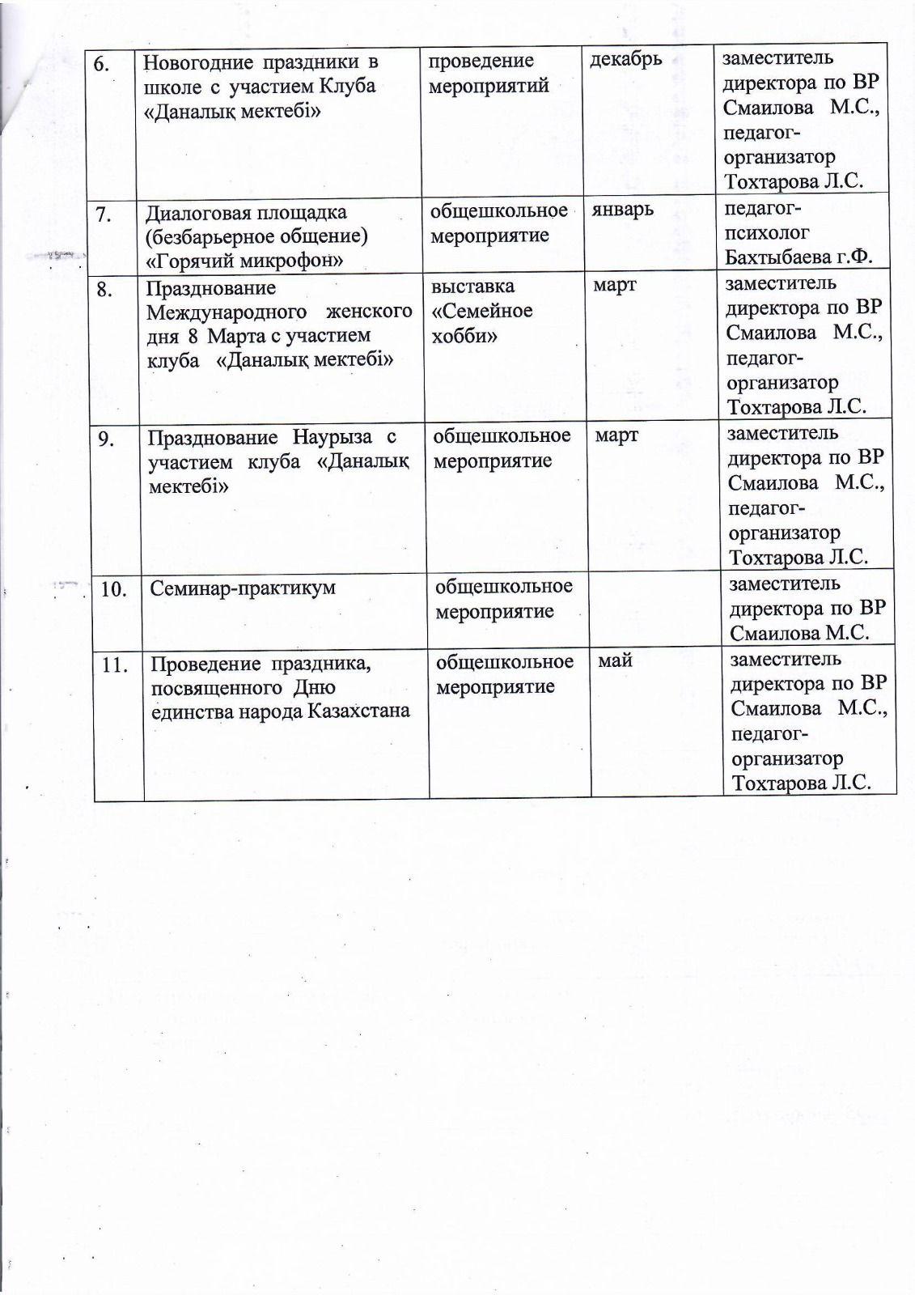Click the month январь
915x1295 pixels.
click(622, 210)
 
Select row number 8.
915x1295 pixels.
click(105, 289)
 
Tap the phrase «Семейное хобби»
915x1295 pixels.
click(482, 323)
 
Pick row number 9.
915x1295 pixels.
click(106, 439)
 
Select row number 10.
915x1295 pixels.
click(114, 589)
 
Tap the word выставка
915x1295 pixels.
click(472, 287)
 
